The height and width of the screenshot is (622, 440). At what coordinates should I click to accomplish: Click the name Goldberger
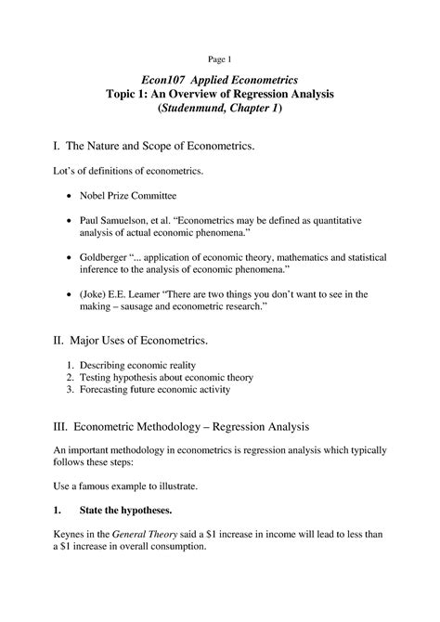[x=120, y=256]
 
